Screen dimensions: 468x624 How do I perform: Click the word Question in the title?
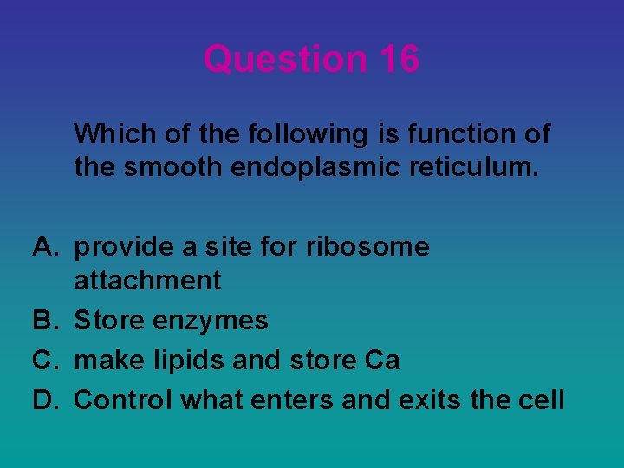(285, 59)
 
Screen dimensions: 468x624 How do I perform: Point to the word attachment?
(147, 280)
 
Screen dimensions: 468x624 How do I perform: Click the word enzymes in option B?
(211, 321)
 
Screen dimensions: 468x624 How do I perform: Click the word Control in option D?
(122, 400)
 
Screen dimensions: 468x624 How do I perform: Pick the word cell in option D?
(544, 400)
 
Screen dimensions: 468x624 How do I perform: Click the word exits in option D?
(430, 400)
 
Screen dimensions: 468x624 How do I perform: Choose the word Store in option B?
(110, 321)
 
